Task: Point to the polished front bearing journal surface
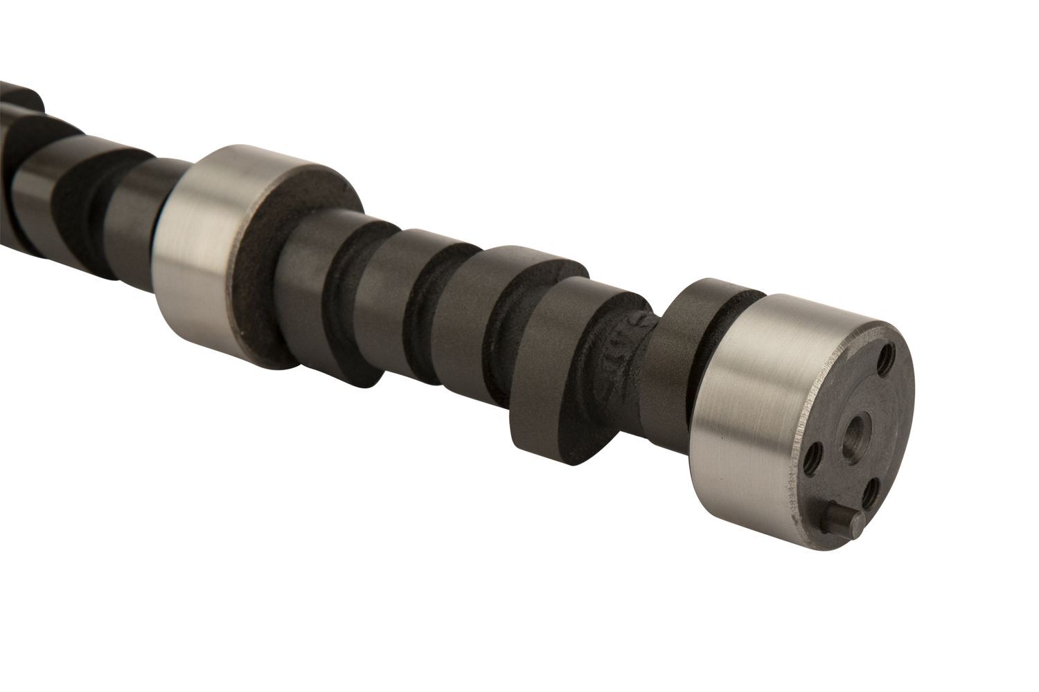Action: point(752,401)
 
